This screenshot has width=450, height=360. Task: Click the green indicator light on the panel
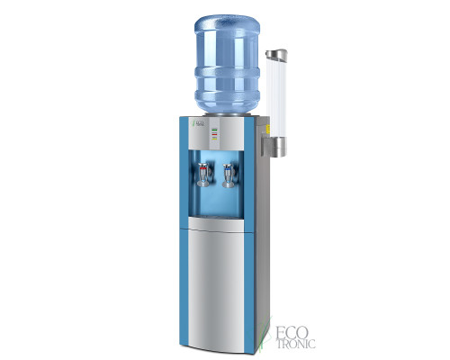(x=214, y=129)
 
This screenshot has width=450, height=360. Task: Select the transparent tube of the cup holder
(x=276, y=90)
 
